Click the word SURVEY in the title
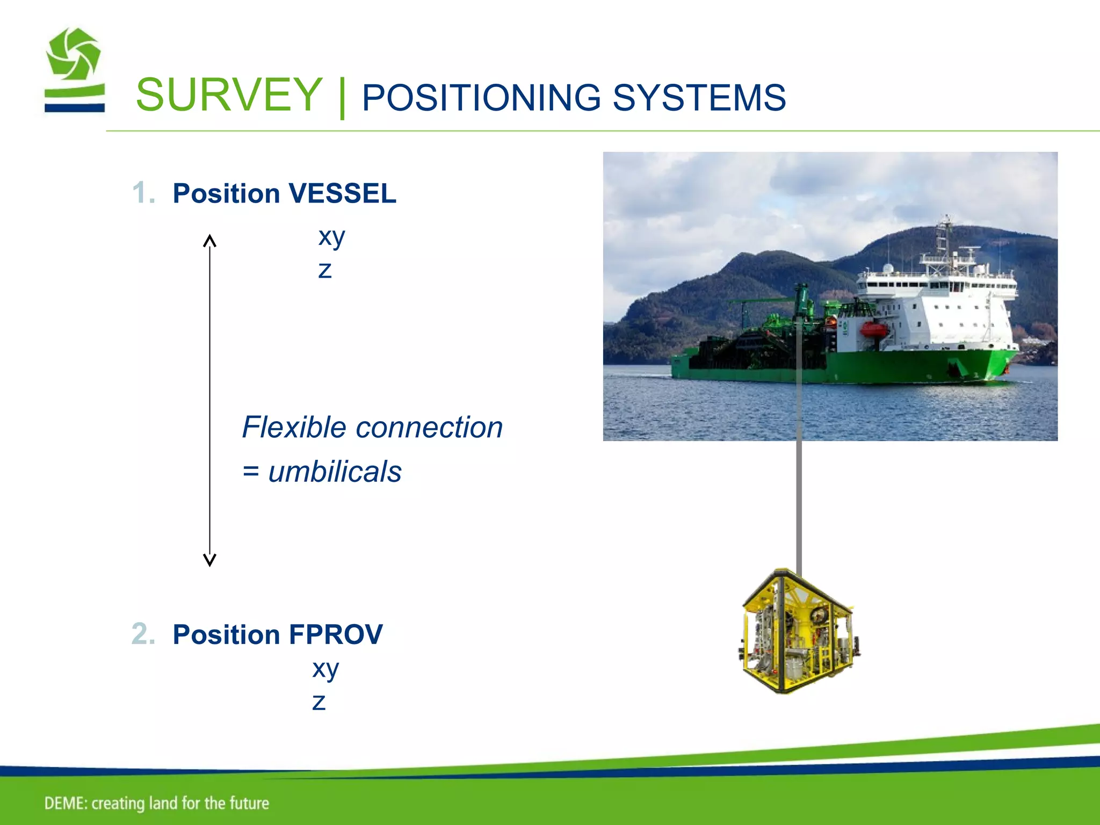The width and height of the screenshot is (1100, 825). [x=229, y=96]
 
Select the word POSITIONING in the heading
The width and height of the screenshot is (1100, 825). [x=481, y=98]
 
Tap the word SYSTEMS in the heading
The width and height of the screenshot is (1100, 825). [x=699, y=98]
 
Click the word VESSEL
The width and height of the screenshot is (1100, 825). [x=342, y=193]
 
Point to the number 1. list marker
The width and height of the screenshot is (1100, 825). [x=144, y=193]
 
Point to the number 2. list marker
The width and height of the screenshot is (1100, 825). [x=143, y=634]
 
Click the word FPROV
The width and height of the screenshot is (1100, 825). [x=335, y=634]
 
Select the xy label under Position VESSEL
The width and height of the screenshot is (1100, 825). [x=331, y=236]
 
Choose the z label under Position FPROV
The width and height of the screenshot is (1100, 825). [x=319, y=702]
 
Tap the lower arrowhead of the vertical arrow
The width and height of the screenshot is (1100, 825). [x=209, y=560]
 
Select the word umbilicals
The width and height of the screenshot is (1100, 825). [x=335, y=472]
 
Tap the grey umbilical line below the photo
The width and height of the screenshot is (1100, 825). [x=799, y=505]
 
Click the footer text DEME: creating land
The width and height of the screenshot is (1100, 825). [x=156, y=803]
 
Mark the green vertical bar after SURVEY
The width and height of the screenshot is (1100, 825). [x=342, y=98]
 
